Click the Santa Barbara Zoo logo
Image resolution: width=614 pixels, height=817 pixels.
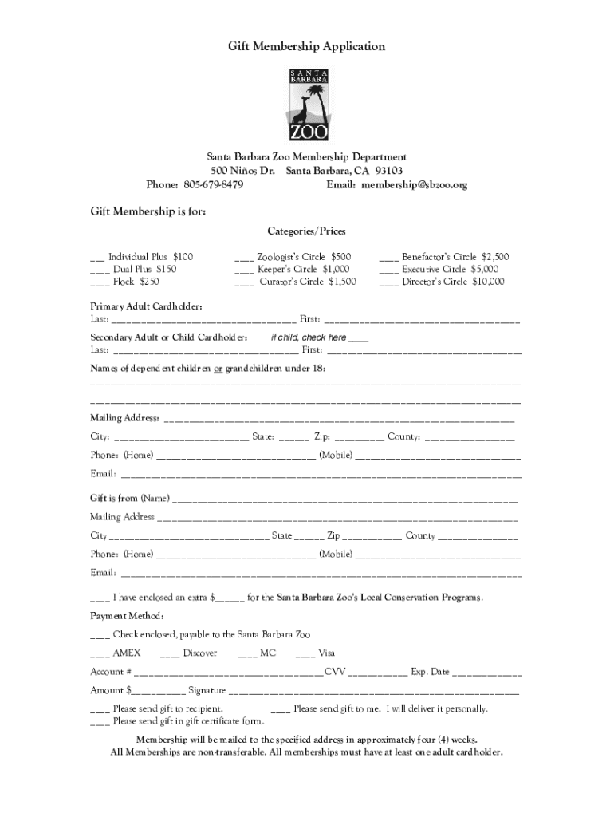coord(308,105)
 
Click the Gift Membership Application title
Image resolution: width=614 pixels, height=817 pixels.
coord(307,47)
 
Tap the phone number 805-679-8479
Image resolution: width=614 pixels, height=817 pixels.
coord(214,185)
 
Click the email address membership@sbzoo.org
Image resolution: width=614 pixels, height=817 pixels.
coord(414,185)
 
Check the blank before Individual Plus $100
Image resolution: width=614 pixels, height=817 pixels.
coord(96,259)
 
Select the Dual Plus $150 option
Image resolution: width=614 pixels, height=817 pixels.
coord(100,270)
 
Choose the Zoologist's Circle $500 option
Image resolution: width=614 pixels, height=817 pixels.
coord(244,259)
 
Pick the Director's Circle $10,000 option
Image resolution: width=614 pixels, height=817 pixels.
coord(389,282)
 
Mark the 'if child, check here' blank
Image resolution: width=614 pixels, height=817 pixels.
coord(358,339)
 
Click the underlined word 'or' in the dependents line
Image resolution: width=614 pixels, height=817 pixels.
coord(218,369)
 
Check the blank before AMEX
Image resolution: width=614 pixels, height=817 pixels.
coord(100,654)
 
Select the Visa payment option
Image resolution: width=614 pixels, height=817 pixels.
coord(305,654)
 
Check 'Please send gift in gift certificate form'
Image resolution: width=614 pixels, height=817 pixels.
coord(100,722)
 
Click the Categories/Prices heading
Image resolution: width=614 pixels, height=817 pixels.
coord(307,231)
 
